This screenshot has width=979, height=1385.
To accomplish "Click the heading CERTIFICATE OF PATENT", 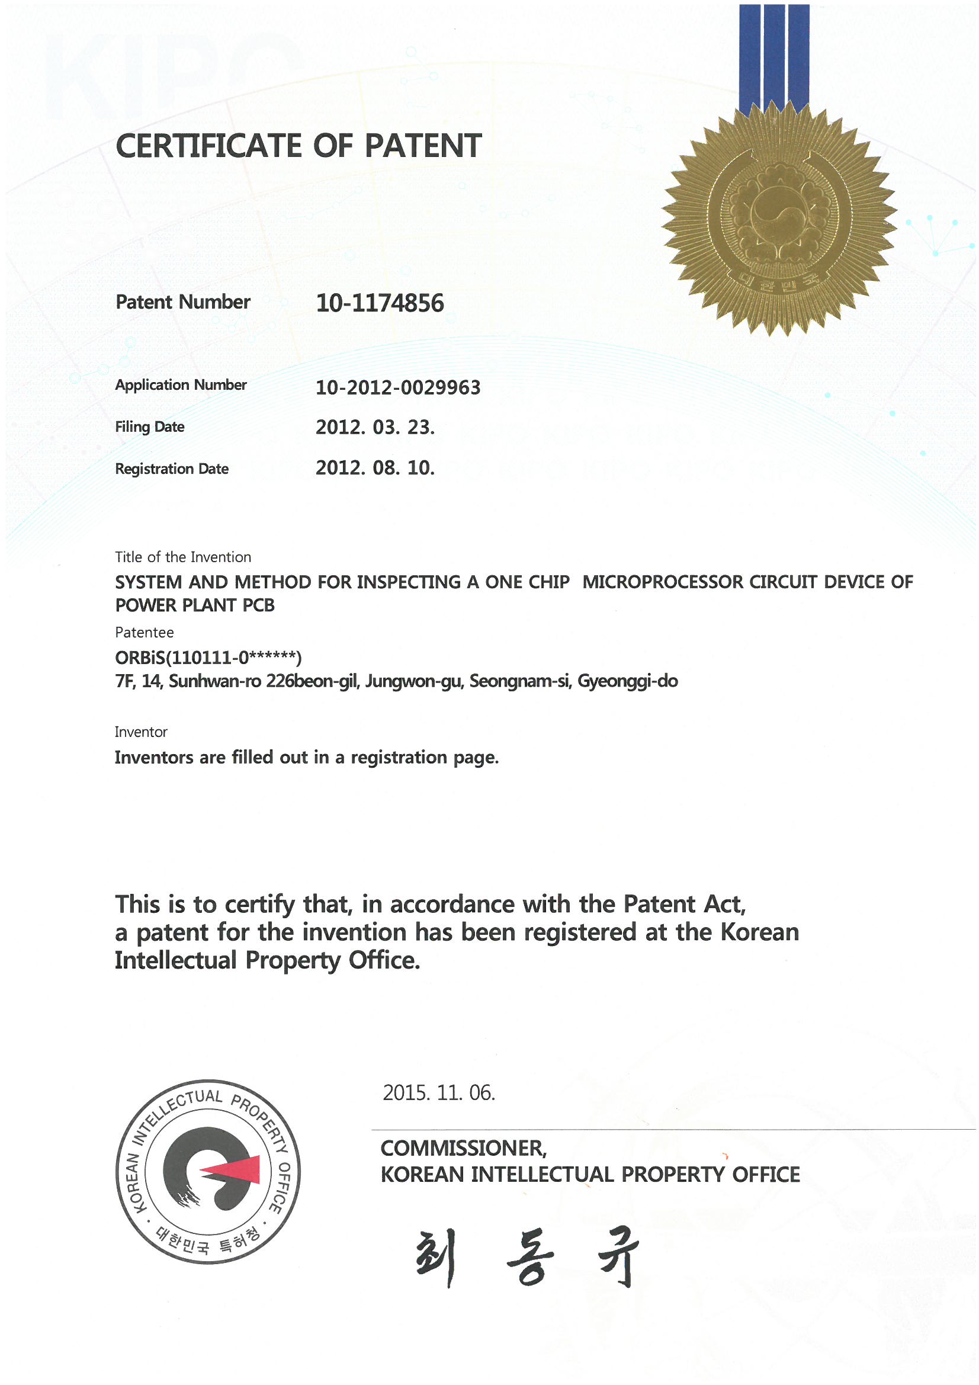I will [x=298, y=146].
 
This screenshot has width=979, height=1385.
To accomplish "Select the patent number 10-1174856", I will [x=380, y=303].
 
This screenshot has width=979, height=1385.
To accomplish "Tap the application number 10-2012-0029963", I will [x=397, y=387].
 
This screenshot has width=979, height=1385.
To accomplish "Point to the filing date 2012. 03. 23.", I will [x=374, y=427].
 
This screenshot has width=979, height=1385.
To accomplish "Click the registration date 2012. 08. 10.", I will [x=374, y=468].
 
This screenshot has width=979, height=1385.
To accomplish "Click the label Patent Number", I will [x=183, y=302].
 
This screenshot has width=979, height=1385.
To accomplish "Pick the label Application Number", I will [x=181, y=385].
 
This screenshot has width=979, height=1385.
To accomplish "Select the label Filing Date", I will [x=150, y=427].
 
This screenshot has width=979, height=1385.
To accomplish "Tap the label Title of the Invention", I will [x=183, y=557].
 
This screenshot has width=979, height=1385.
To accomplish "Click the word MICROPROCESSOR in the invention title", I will [x=663, y=582].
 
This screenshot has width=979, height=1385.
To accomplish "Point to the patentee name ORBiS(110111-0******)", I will [x=208, y=657].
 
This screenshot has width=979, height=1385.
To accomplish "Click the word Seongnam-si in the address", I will [x=519, y=681].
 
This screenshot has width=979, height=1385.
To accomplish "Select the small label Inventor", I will [x=140, y=732].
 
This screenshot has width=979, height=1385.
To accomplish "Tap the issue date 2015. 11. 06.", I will [x=438, y=1092].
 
